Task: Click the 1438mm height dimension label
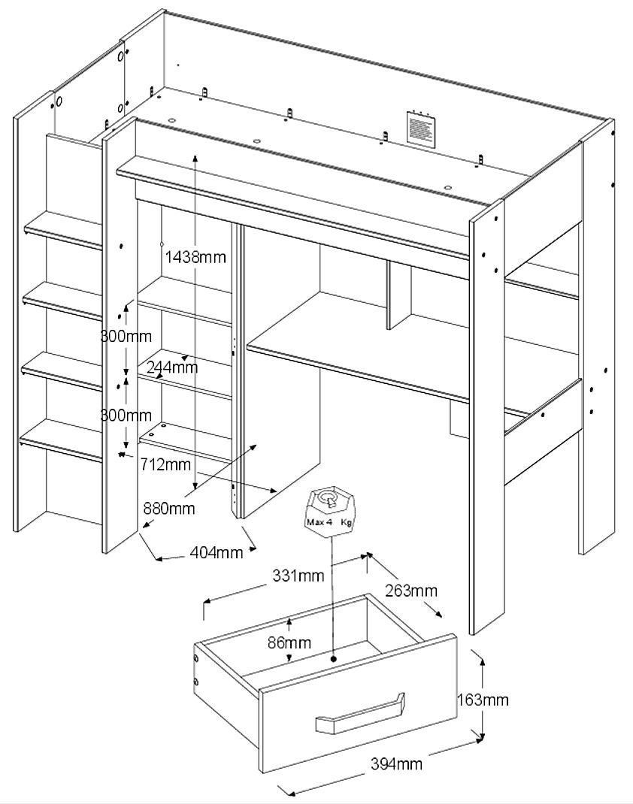(x=195, y=256)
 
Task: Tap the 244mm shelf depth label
(x=173, y=367)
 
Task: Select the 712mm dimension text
(x=165, y=464)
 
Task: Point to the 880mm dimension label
(x=169, y=509)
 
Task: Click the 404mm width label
(x=217, y=553)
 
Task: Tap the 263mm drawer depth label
(x=411, y=591)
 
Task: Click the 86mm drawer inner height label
(x=289, y=642)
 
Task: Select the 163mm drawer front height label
(x=483, y=700)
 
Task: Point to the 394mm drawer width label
(x=396, y=765)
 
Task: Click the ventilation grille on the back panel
(x=420, y=128)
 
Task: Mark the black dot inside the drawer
(x=334, y=659)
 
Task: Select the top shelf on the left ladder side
(x=64, y=230)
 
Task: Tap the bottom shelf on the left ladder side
(x=60, y=440)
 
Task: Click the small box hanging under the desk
(x=459, y=417)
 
